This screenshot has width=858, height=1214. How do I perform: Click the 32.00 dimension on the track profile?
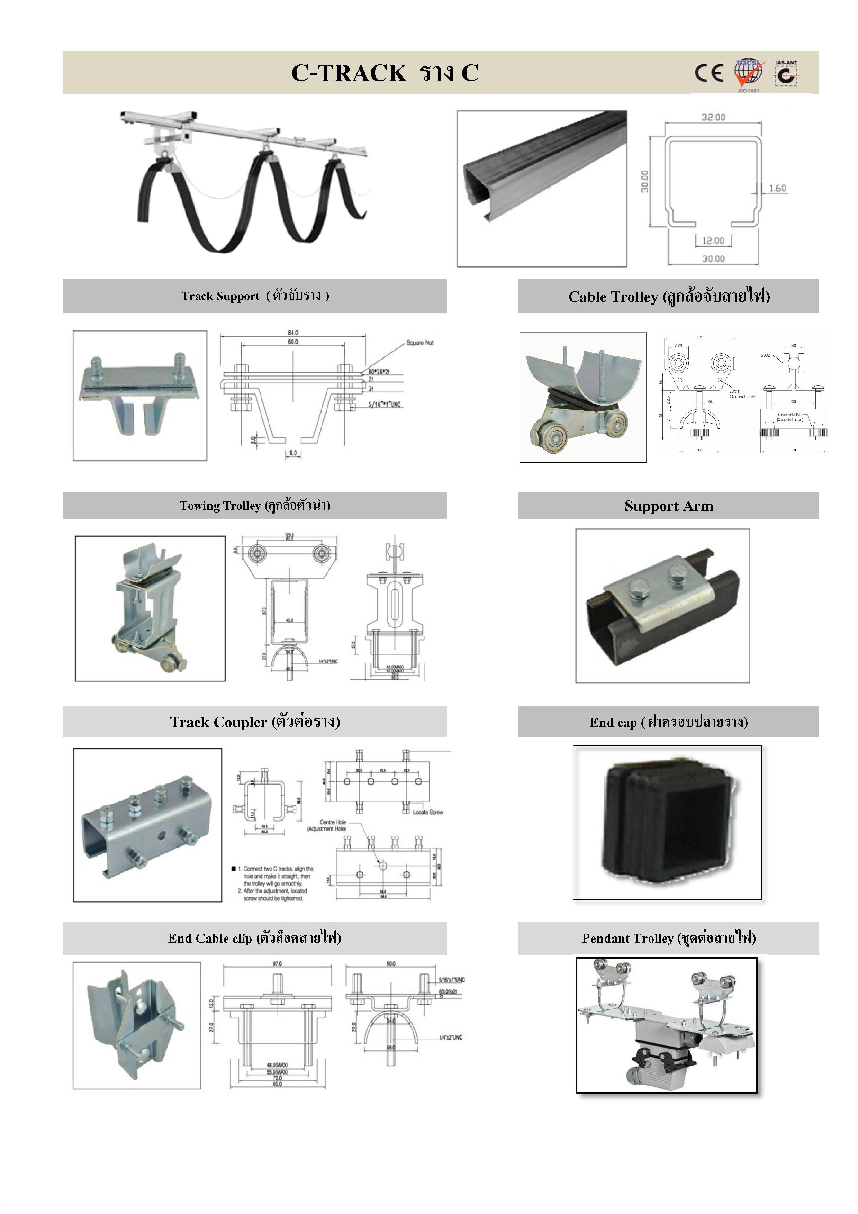(x=713, y=117)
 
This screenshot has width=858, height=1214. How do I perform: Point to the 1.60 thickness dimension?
(x=777, y=188)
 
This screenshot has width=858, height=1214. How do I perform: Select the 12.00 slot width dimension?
(x=713, y=241)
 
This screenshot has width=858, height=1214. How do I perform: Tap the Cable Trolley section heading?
(x=669, y=297)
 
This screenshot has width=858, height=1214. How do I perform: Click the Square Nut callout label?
(x=420, y=343)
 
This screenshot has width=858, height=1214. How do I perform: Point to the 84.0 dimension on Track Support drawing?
(x=293, y=333)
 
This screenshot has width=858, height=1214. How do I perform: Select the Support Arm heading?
(x=669, y=506)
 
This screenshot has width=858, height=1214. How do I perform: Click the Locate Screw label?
(x=428, y=812)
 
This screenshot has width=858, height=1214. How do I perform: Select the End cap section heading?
(x=669, y=722)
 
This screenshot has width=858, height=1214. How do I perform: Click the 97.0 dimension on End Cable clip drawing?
(x=277, y=964)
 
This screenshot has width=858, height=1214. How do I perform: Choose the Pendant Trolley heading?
(x=669, y=939)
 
